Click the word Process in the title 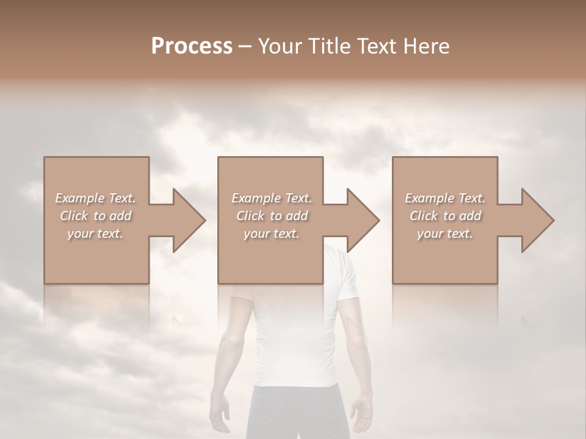192,46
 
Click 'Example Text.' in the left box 95,198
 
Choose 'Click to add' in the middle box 272,216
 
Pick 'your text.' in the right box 445,234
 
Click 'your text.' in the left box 95,234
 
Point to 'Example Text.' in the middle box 272,198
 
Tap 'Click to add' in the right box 445,216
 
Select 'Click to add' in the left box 95,216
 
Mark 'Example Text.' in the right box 445,198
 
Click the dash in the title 245,46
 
